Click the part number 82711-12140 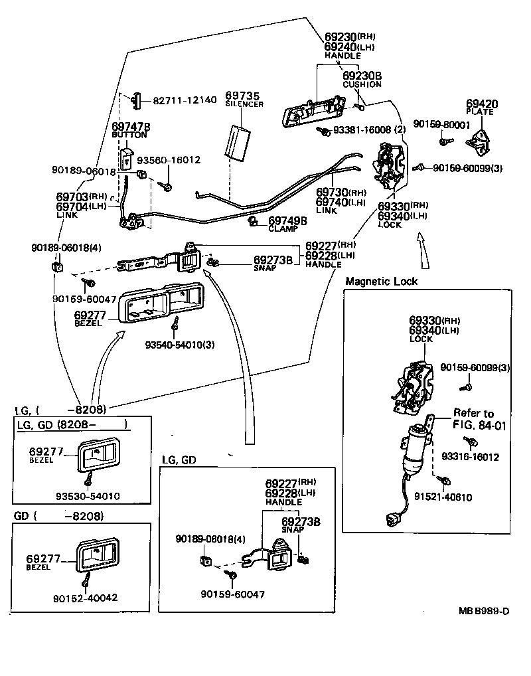[185, 100]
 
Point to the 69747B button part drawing [127, 157]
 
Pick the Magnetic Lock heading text [381, 281]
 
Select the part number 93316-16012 [470, 457]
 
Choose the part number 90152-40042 [85, 598]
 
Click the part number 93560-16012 [169, 160]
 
